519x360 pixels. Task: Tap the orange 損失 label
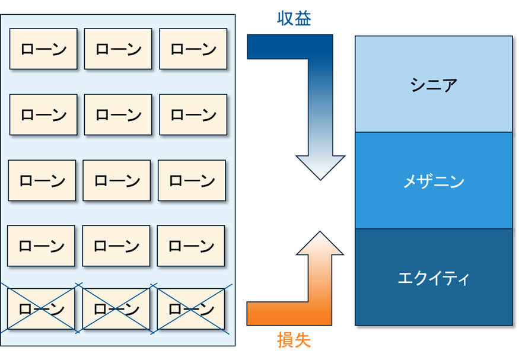[x=294, y=340]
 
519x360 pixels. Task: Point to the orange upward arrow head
[x=320, y=243]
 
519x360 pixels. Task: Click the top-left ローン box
[x=43, y=49]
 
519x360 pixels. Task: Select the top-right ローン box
[x=193, y=49]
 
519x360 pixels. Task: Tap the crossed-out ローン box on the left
[x=42, y=309]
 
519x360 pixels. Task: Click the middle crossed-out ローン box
[x=116, y=309]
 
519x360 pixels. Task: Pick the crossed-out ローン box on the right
[x=191, y=309]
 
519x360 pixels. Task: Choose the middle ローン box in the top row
[x=118, y=49]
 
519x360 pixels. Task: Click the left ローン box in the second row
[x=43, y=114]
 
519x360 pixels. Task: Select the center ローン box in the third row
[x=117, y=180]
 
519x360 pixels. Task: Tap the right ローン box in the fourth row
[x=191, y=246]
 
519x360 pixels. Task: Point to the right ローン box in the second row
[x=193, y=114]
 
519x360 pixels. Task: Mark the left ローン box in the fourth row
[x=42, y=246]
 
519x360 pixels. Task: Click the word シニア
[x=434, y=85]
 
